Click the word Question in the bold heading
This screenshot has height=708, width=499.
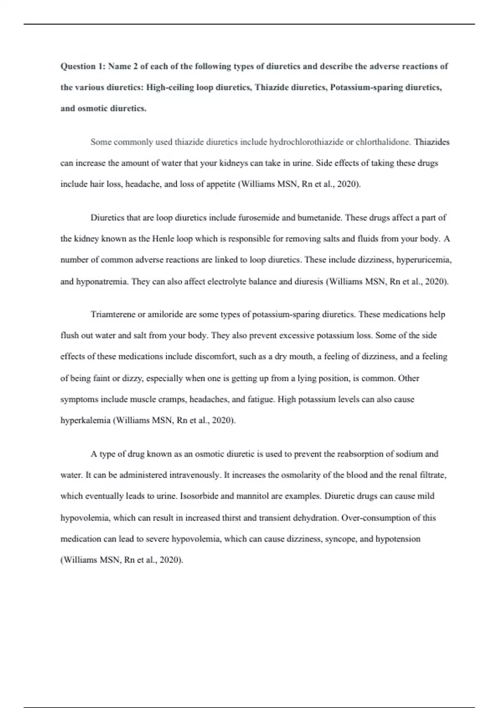[x=78, y=66]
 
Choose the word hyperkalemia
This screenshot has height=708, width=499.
[x=85, y=421]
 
